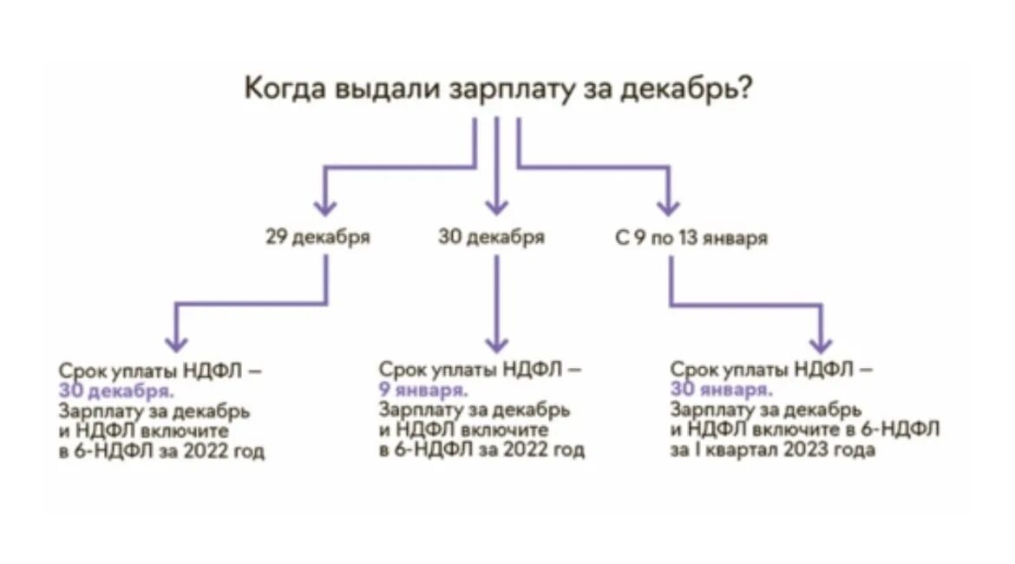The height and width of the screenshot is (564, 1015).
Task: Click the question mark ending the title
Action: pyautogui.click(x=743, y=89)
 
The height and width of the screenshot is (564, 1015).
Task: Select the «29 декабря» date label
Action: pyautogui.click(x=318, y=238)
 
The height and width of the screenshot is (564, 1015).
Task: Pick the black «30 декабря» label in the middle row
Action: pyautogui.click(x=492, y=238)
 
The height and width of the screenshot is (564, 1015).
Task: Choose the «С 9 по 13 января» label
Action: pyautogui.click(x=691, y=238)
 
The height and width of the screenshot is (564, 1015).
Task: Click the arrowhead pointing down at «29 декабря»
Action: pyautogui.click(x=324, y=207)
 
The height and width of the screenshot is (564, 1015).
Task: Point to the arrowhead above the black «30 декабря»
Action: pyautogui.click(x=496, y=207)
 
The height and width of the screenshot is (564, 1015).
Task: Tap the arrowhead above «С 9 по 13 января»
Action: pyautogui.click(x=667, y=207)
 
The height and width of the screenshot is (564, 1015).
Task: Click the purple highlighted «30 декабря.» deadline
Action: pyautogui.click(x=115, y=391)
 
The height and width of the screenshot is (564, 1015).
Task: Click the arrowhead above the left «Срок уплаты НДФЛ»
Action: pyautogui.click(x=176, y=344)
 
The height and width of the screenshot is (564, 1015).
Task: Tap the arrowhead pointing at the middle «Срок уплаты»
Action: pyautogui.click(x=496, y=344)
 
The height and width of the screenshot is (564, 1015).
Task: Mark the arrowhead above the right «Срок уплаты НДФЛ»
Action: pyautogui.click(x=820, y=344)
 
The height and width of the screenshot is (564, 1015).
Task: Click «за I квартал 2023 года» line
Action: pyautogui.click(x=772, y=450)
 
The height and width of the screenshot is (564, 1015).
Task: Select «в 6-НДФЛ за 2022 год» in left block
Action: pyautogui.click(x=162, y=451)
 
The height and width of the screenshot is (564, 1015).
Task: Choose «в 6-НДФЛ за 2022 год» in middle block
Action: pyautogui.click(x=481, y=450)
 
